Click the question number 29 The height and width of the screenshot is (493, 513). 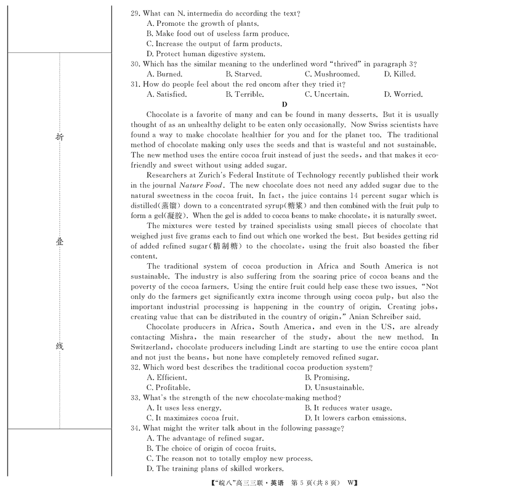pos(135,13)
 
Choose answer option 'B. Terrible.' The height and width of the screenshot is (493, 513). pos(244,94)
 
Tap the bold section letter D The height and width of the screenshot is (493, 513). pos(285,104)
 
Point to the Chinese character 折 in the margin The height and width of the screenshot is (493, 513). pos(59,137)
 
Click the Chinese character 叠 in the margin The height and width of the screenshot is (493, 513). pos(59,242)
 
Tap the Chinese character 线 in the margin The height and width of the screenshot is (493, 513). pos(59,346)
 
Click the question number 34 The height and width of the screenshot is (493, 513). pos(135,428)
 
